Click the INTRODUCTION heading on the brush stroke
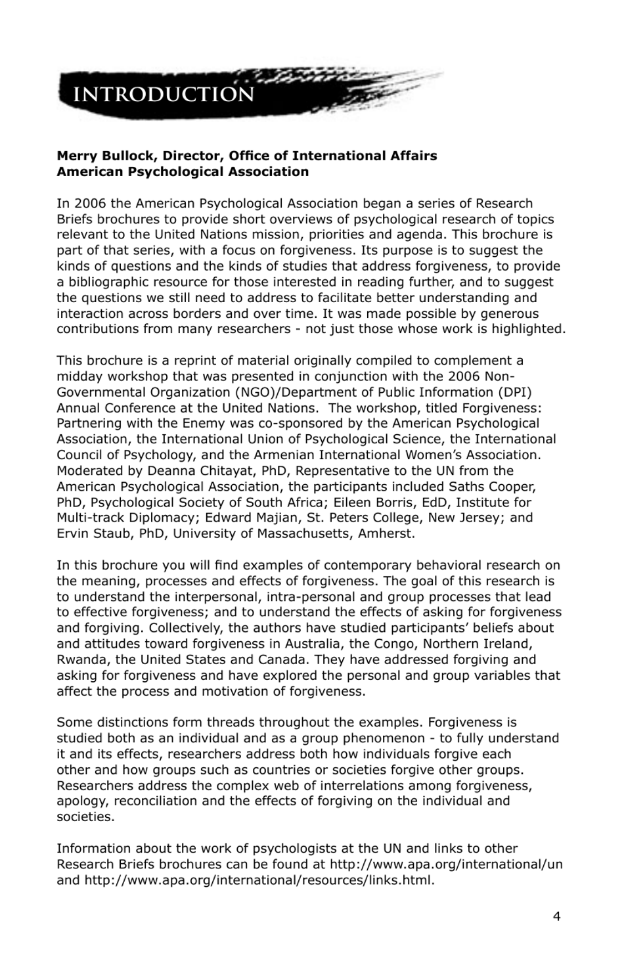tap(164, 95)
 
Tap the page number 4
tap(556, 916)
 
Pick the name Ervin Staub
tap(95, 533)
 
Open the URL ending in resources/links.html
tap(259, 880)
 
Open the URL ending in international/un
tap(446, 864)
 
